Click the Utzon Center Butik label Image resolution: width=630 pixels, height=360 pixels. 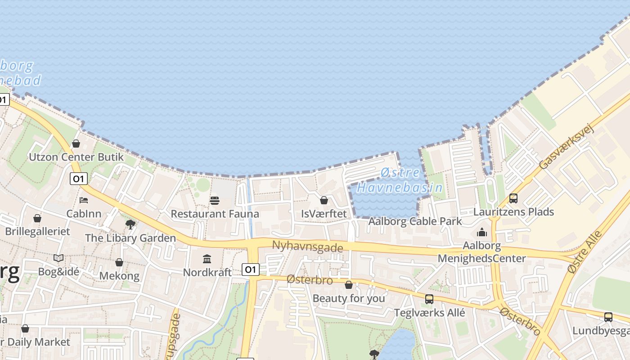tap(76, 157)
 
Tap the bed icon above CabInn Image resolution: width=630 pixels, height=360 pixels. tap(84, 200)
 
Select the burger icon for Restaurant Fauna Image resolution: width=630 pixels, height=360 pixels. tap(215, 200)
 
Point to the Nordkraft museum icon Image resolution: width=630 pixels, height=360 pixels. tap(207, 259)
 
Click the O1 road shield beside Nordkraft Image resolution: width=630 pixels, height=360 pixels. tap(251, 270)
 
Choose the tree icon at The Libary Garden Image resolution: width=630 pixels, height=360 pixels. tap(130, 224)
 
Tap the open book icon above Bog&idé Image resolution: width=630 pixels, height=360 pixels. tap(58, 258)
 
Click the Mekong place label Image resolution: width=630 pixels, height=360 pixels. tap(119, 275)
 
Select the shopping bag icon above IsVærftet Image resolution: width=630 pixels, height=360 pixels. tap(324, 200)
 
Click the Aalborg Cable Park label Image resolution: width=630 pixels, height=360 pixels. tap(415, 221)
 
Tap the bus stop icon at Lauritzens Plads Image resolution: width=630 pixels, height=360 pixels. tap(513, 198)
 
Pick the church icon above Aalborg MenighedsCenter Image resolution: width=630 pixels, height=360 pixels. tap(482, 232)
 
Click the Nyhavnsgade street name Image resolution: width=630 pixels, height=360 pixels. tap(307, 247)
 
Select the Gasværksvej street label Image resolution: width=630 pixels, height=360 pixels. tap(567, 147)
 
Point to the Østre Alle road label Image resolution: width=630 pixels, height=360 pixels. tap(585, 252)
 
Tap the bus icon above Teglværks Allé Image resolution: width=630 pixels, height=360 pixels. tap(429, 299)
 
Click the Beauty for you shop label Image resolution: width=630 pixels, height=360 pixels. tap(349, 298)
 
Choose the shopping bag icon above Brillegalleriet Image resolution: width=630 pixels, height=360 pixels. tap(37, 218)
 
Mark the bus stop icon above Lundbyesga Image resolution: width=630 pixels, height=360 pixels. tap(608, 317)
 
